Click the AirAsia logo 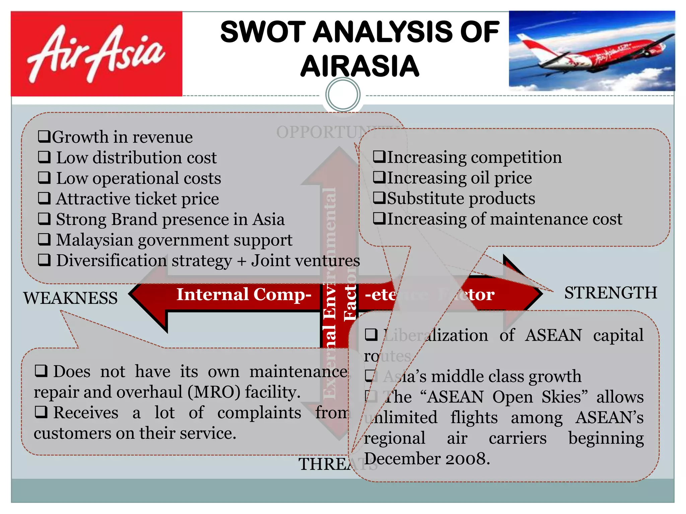[96, 54]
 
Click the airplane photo [592, 51]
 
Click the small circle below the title [343, 95]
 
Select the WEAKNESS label [70, 298]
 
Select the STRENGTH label [610, 293]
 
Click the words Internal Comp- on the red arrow [244, 294]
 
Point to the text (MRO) [214, 392]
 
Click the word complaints [259, 413]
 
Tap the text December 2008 [427, 459]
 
